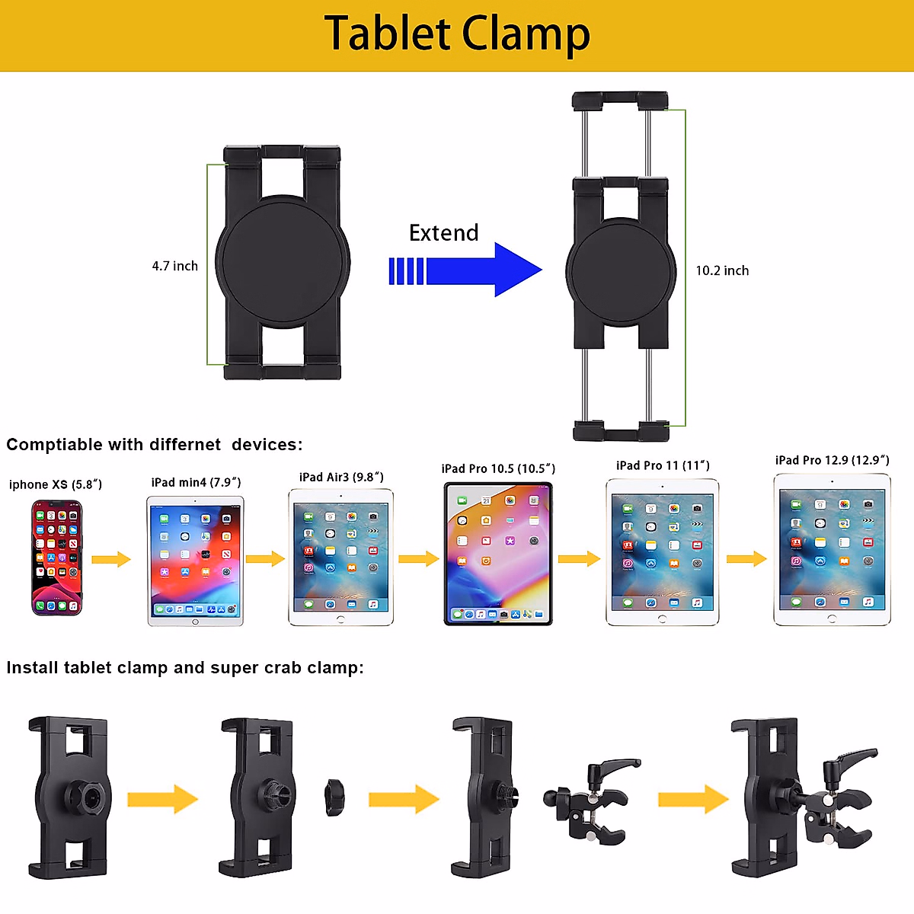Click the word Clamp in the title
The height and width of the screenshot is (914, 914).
click(526, 34)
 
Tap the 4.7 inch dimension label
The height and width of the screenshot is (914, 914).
click(174, 266)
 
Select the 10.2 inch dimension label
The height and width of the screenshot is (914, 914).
click(722, 270)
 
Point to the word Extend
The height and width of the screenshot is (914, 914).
click(443, 232)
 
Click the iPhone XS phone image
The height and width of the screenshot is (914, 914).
click(56, 558)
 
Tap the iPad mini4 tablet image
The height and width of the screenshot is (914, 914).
click(195, 561)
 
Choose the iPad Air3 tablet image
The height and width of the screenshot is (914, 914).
click(340, 558)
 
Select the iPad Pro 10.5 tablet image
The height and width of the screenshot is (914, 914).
click(498, 554)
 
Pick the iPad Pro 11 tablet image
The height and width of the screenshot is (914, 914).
click(662, 552)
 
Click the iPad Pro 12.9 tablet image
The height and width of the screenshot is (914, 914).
click(832, 550)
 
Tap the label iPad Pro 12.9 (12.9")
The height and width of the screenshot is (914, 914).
click(832, 460)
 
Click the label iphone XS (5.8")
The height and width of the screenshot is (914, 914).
click(56, 484)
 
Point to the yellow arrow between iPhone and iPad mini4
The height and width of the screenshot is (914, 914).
click(111, 560)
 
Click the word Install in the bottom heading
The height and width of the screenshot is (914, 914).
click(32, 668)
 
